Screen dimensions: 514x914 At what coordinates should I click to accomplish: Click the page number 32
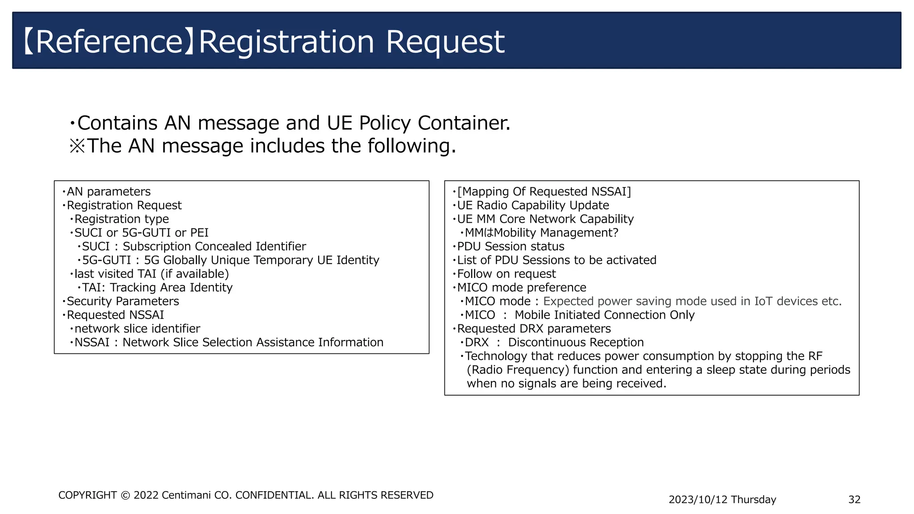point(854,500)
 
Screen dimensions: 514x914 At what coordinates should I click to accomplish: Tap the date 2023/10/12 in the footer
point(698,500)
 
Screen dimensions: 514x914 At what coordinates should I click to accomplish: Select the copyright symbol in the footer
point(125,495)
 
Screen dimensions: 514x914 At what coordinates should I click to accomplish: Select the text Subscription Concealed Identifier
point(214,247)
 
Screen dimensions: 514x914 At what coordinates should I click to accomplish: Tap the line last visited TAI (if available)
point(151,274)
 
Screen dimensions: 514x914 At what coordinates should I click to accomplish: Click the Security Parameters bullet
point(123,302)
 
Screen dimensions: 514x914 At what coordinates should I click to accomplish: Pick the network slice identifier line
point(137,329)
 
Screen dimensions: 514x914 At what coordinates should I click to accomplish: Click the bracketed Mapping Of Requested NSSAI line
point(544,192)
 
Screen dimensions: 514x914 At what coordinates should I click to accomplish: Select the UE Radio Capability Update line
point(533,206)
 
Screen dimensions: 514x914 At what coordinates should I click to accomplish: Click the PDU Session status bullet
point(511,247)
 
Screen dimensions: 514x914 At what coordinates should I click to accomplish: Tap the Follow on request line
point(507,274)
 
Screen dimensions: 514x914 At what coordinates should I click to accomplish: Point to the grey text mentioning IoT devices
point(692,302)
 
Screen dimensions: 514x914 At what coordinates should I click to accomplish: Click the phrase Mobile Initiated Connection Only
point(604,315)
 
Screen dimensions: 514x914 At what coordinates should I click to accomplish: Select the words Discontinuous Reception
point(576,343)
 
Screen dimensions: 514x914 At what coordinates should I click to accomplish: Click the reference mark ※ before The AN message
point(77,146)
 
